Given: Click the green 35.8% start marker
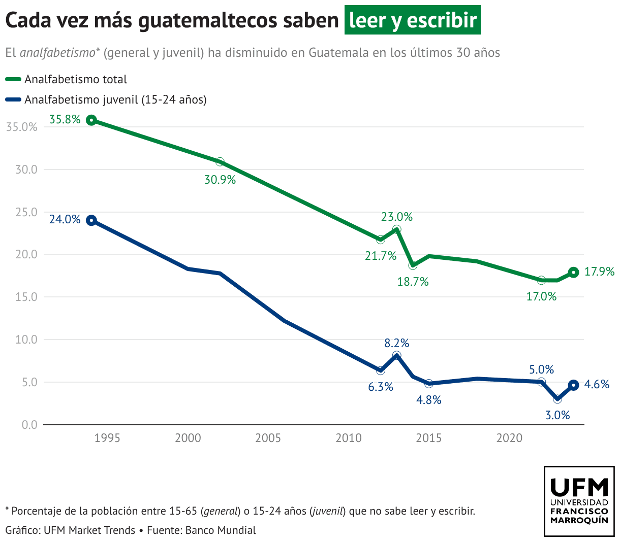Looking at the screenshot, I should point(91,120).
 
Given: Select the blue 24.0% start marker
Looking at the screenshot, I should point(91,220).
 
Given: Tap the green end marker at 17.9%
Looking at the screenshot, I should point(573,273).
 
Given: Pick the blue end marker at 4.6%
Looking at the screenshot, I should point(573,385).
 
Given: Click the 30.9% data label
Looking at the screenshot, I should point(220,180).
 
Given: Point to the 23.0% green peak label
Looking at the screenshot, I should point(397,217).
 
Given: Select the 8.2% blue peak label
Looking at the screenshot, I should point(396,344).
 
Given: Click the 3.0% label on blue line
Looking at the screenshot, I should point(557,416).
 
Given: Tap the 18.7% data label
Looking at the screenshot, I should point(413,282).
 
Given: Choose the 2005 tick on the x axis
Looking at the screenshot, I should point(268,438).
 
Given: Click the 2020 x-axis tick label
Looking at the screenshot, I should point(509,438).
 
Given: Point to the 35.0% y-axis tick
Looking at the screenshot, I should point(22,127).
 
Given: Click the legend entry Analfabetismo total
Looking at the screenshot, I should point(75,80).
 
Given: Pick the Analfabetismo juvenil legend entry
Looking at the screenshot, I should point(115,100).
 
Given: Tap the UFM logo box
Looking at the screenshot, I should point(579,501).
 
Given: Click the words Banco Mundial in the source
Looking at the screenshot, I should point(221,530).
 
